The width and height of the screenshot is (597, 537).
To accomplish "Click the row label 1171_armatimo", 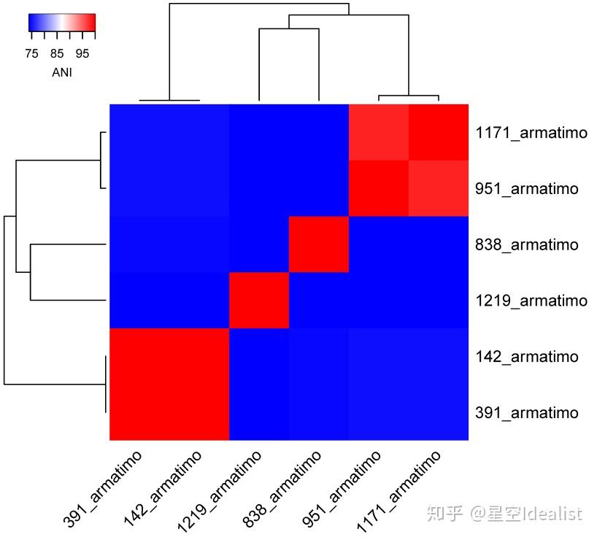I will [531, 133].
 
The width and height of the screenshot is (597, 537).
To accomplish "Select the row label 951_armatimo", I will [526, 189].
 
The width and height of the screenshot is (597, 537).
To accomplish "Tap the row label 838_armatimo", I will [526, 244].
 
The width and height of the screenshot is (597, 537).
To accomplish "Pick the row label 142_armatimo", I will [526, 357].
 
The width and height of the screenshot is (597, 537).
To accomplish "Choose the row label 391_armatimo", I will [526, 413].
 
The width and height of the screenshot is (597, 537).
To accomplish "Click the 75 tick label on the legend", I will [31, 53].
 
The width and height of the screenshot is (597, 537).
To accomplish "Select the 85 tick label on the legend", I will [58, 53].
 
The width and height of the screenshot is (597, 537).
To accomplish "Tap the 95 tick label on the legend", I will [82, 53].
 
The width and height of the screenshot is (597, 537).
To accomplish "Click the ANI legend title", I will [62, 72].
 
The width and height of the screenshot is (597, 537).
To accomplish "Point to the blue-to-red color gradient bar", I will [62, 24].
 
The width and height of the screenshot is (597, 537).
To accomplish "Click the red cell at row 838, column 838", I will [319, 244].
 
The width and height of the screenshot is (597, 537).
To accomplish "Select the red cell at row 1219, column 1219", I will [259, 301].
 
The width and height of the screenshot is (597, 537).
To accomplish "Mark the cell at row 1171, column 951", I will [379, 133].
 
